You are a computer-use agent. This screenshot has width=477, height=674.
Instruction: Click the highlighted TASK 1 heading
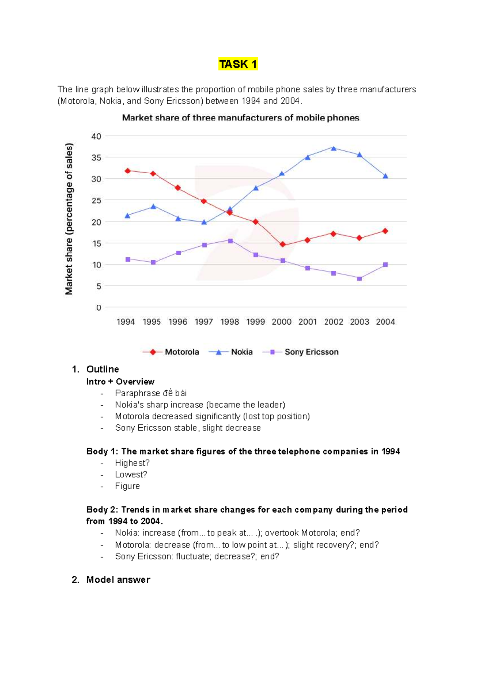coord(238,64)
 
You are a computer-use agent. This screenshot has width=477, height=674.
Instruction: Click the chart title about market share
coord(240,118)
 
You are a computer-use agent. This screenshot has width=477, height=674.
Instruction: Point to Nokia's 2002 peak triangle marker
coord(334,148)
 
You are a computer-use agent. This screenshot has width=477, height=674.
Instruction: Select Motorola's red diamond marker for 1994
coord(128,171)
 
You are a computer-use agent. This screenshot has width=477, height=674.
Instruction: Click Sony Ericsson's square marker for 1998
coord(231,241)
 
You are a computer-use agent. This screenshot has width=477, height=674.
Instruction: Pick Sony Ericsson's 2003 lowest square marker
coord(359,279)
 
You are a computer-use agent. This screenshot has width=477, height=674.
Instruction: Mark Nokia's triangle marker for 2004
coord(385,176)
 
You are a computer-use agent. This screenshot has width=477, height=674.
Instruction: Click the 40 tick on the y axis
coord(96,136)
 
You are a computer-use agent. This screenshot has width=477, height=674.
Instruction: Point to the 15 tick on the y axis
coord(97,243)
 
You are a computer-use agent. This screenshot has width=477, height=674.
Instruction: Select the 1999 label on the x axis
coord(256,322)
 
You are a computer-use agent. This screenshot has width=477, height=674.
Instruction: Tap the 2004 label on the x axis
coord(385,322)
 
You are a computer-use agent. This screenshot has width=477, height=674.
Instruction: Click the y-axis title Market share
coord(69,219)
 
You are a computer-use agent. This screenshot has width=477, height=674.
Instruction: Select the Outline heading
coord(103,369)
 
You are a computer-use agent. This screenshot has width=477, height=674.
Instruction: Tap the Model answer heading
coord(118,580)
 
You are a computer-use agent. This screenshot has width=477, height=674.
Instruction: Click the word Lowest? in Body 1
coord(131,475)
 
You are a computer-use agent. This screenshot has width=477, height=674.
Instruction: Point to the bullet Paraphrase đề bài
coord(151,393)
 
